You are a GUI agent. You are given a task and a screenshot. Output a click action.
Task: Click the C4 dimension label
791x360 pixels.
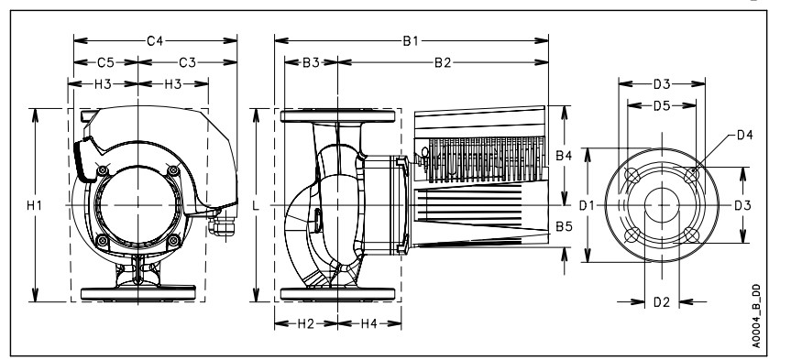(x=155, y=41)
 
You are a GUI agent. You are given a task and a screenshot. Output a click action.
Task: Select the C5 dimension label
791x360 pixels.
(x=105, y=62)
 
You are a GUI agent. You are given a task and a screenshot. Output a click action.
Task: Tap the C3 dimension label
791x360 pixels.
(x=187, y=62)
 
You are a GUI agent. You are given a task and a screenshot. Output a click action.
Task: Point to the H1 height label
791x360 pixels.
(x=34, y=205)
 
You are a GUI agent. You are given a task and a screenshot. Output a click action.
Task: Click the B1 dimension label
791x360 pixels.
(x=410, y=41)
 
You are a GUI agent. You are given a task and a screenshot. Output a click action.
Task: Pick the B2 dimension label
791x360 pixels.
(x=443, y=62)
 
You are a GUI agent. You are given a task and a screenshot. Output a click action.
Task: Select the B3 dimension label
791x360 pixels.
(x=311, y=62)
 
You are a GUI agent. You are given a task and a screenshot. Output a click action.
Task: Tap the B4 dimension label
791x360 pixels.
(x=564, y=156)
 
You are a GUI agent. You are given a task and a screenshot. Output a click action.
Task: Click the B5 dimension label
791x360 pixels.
(x=564, y=226)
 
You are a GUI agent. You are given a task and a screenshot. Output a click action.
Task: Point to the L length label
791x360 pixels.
(x=256, y=205)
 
